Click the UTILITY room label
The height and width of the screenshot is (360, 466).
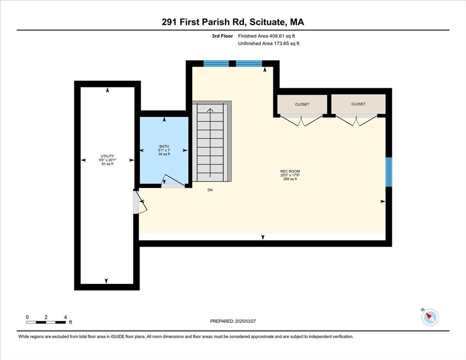click(107, 157)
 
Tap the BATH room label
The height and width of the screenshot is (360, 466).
click(164, 147)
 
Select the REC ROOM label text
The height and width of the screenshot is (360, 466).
click(290, 172)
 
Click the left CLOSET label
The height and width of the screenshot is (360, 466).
click(302, 105)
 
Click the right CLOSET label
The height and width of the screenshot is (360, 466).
click(358, 104)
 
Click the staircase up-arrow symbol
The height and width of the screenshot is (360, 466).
click(210, 111)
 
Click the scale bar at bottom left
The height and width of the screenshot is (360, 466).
click(46, 322)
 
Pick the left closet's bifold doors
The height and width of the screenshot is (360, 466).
click(302, 121)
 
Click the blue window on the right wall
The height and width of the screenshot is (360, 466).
click(389, 172)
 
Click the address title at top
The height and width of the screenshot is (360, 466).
click(233, 22)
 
